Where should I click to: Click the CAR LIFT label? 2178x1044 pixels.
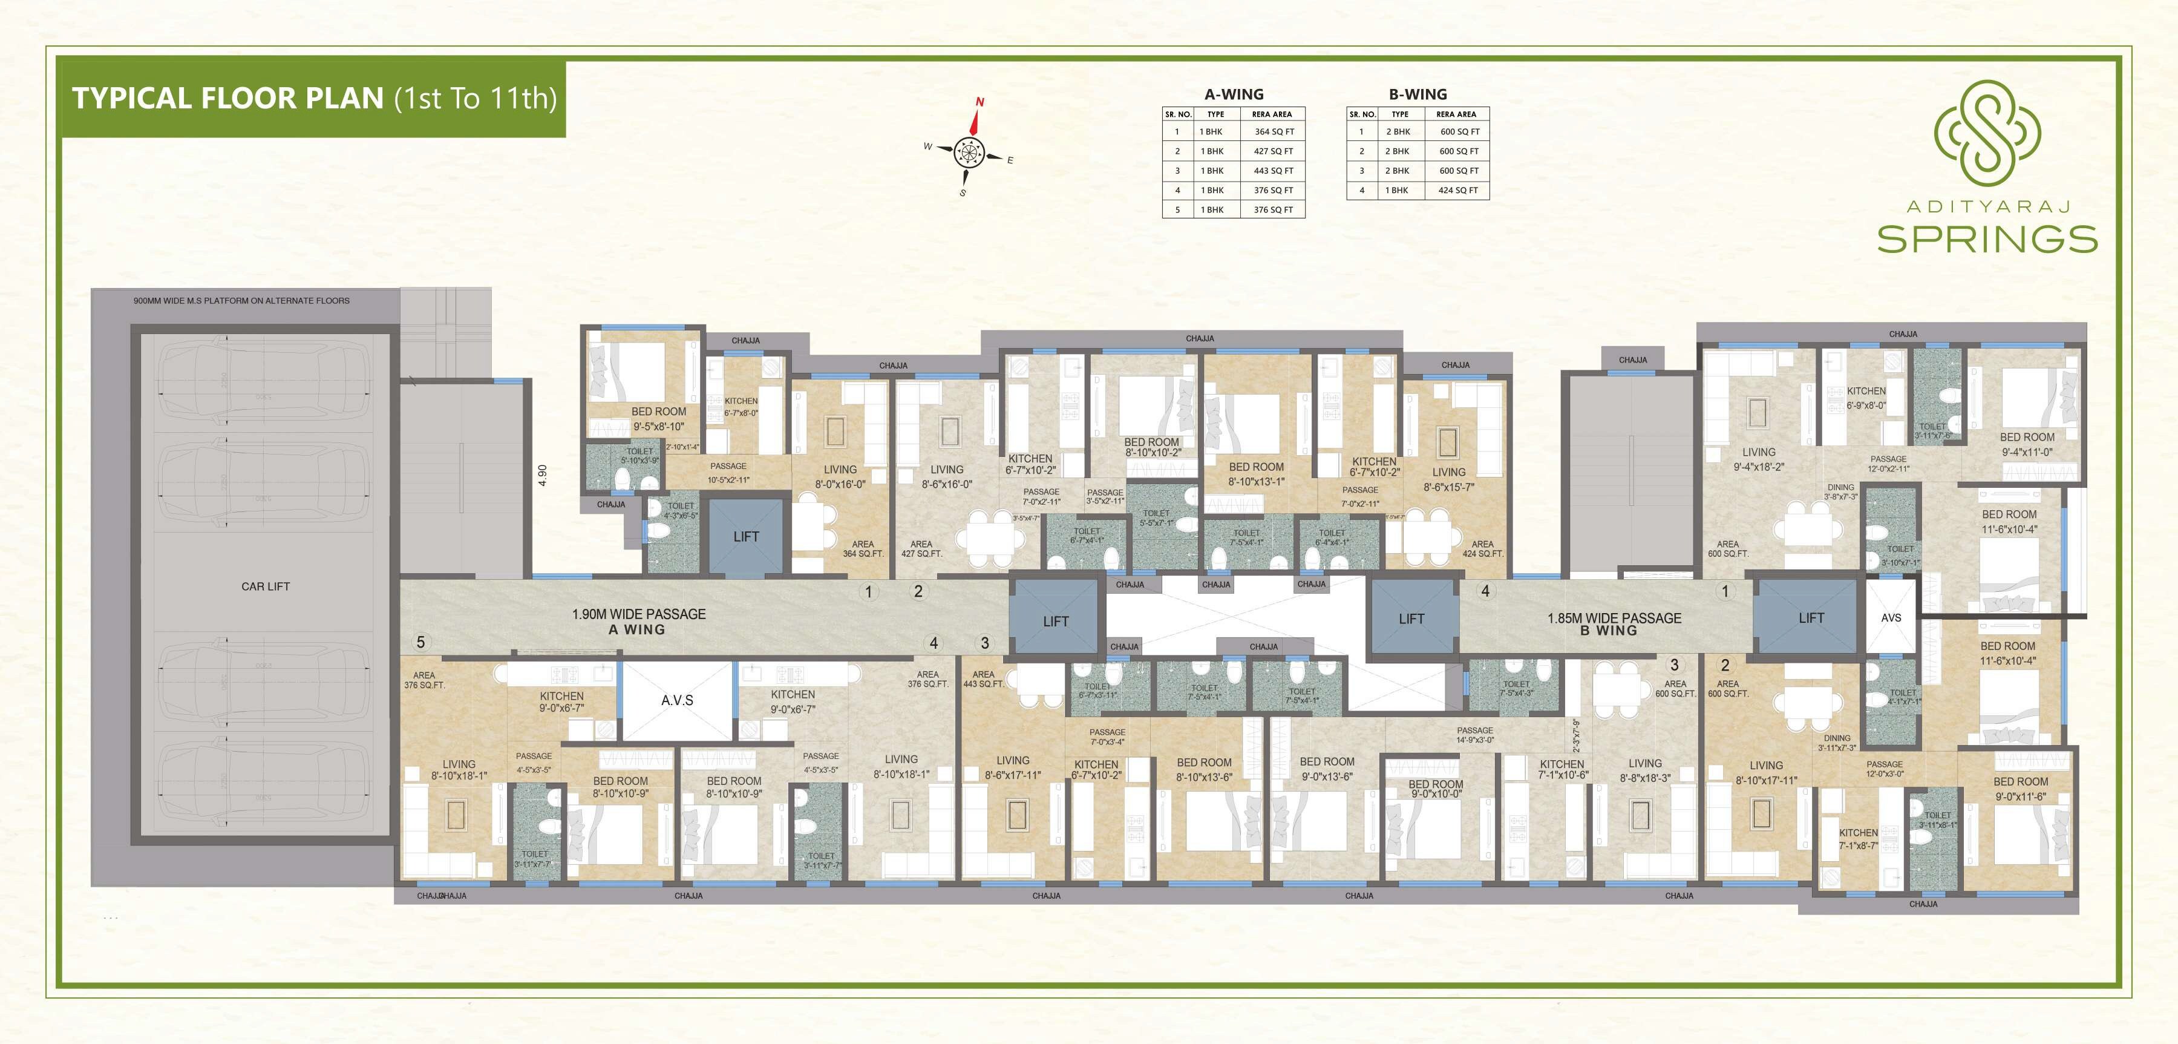[266, 586]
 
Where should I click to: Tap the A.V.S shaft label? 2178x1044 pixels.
[677, 700]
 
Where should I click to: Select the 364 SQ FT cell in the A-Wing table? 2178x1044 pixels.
[1274, 132]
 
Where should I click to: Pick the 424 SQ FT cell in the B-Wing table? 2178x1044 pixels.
[1459, 191]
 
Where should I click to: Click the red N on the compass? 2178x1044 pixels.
[980, 102]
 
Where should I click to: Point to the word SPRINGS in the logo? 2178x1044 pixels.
[1987, 240]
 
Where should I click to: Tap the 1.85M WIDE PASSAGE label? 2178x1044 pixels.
[1614, 619]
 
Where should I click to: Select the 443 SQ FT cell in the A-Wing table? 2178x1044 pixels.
[1274, 171]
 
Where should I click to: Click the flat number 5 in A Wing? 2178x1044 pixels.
[420, 642]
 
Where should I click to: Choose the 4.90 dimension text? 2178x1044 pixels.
[543, 474]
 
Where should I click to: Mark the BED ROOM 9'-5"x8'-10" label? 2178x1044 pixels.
[659, 419]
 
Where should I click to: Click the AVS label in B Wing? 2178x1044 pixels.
[1891, 617]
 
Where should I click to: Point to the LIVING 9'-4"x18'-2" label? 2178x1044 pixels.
[1759, 459]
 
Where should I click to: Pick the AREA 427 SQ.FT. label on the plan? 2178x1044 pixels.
[921, 549]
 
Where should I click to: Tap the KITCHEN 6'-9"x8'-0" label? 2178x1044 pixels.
[1866, 398]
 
